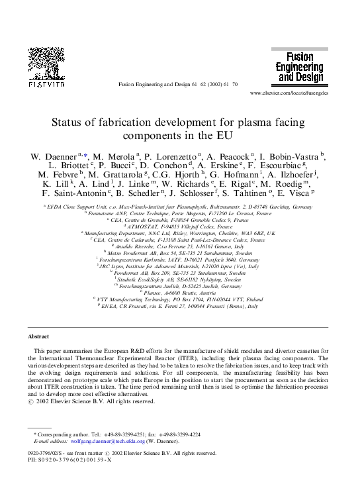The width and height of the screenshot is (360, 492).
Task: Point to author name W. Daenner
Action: pyautogui.click(x=54, y=156)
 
